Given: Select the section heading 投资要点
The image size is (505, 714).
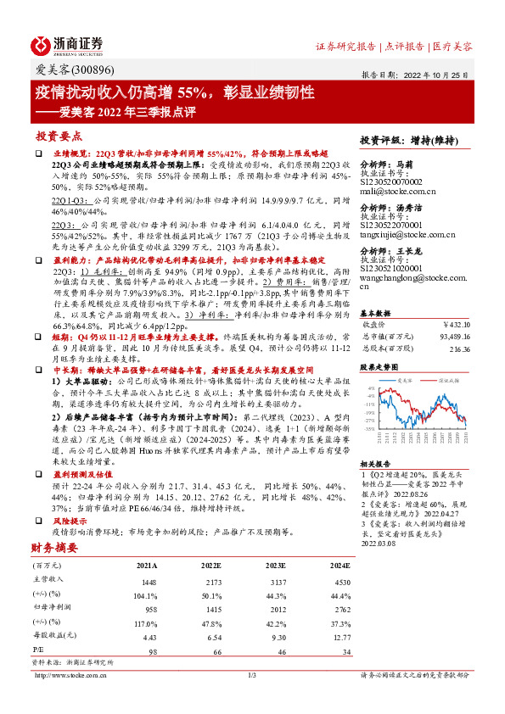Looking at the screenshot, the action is (57, 136).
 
